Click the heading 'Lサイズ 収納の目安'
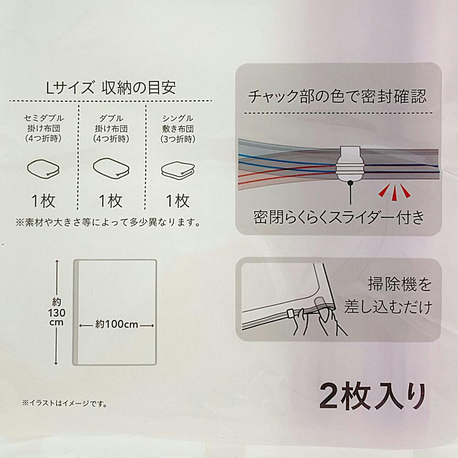click(x=111, y=87)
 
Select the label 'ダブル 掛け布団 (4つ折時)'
click(x=111, y=129)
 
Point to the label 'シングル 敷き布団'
click(x=178, y=123)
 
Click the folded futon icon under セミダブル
click(x=43, y=169)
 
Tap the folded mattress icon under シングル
click(x=178, y=170)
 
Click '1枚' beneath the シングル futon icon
click(x=178, y=201)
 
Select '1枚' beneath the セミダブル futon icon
click(x=43, y=201)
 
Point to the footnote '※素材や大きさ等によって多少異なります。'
click(x=108, y=223)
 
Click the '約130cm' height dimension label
click(x=56, y=312)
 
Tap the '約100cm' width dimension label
click(x=116, y=324)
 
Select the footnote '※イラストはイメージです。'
click(x=65, y=403)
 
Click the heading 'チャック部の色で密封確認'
click(x=338, y=96)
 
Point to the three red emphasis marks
click(x=394, y=191)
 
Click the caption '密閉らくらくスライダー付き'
click(x=338, y=217)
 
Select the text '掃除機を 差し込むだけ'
click(x=388, y=295)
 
